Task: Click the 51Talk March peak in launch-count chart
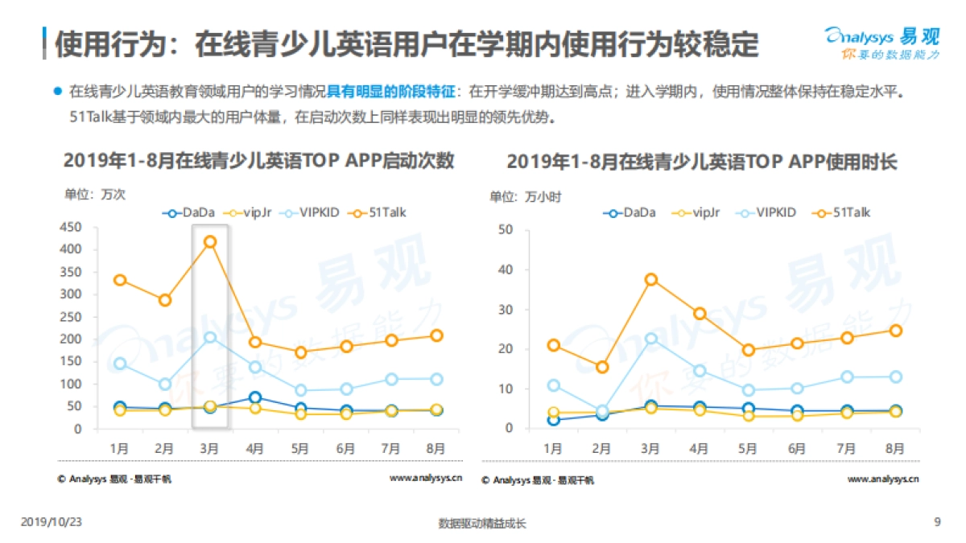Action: coord(210,241)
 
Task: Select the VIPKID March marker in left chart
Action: coord(210,337)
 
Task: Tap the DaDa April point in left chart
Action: coord(255,397)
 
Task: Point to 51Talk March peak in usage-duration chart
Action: coord(651,279)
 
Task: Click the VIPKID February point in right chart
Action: coord(601,411)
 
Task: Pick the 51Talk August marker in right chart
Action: coord(894,330)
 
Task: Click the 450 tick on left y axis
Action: coord(72,228)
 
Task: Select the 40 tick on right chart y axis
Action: coord(506,269)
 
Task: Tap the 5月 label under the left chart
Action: coord(300,448)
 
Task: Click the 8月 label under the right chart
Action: coord(894,448)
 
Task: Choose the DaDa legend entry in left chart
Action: coord(189,212)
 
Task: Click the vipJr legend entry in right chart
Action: coord(700,212)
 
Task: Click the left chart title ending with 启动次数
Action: coord(258,161)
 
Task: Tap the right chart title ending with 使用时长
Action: coord(701,161)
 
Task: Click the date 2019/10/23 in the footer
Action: coord(52,522)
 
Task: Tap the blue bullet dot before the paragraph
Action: coord(57,91)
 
